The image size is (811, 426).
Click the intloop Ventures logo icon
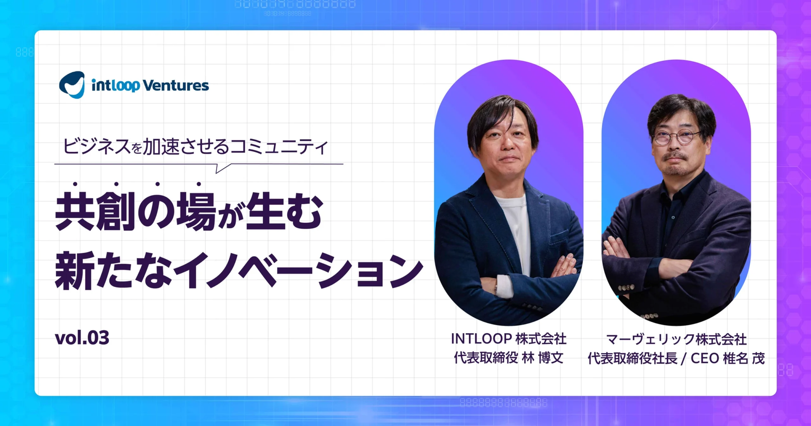(72, 85)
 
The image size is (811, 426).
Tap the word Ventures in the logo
(176, 86)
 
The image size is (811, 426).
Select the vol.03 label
(82, 338)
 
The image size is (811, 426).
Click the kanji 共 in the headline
(75, 211)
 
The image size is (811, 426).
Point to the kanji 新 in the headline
(75, 270)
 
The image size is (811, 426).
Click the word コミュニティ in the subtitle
(278, 147)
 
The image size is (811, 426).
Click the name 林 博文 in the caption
(542, 358)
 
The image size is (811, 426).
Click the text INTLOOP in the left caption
(482, 339)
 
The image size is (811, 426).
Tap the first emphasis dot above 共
(75, 184)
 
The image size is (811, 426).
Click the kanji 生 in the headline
(266, 211)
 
